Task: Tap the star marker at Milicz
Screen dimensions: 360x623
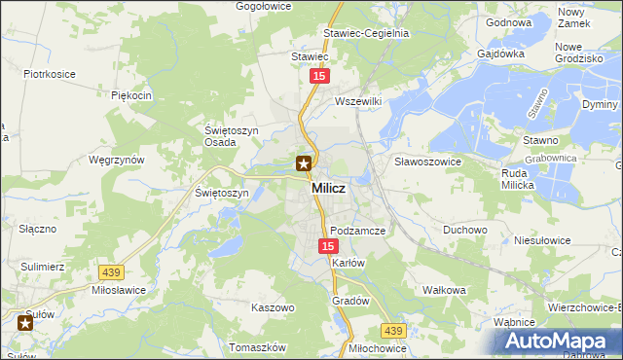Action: point(304,163)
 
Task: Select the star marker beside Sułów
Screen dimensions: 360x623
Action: point(24,322)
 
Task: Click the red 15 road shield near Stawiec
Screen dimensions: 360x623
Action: point(319,75)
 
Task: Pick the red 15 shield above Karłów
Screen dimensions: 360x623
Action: point(328,247)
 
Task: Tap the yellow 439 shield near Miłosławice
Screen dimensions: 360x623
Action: point(109,273)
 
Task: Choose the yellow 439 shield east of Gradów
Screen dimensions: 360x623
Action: point(392,331)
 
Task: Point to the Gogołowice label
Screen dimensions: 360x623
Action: point(265,6)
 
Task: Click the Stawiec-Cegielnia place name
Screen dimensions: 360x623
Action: point(366,32)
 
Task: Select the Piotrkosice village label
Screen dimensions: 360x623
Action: point(51,74)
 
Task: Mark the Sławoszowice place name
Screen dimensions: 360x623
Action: point(426,161)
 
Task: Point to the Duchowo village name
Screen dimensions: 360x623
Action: point(464,231)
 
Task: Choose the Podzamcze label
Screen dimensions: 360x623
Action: point(358,231)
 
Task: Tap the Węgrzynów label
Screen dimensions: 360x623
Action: point(116,159)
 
